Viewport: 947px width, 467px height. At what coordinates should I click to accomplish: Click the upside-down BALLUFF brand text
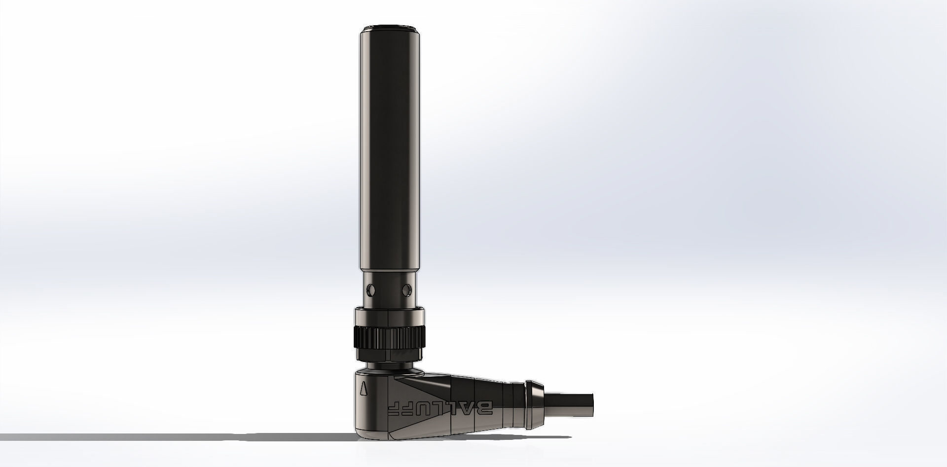(x=438, y=401)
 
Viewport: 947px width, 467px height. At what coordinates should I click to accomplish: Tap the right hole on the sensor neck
(x=407, y=287)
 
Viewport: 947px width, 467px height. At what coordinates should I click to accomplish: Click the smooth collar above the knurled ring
(x=389, y=315)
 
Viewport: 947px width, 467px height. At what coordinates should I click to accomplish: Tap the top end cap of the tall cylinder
(x=389, y=28)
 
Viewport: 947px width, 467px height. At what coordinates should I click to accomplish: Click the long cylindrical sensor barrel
(x=389, y=148)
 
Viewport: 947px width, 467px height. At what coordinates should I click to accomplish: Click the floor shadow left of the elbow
(x=197, y=437)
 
